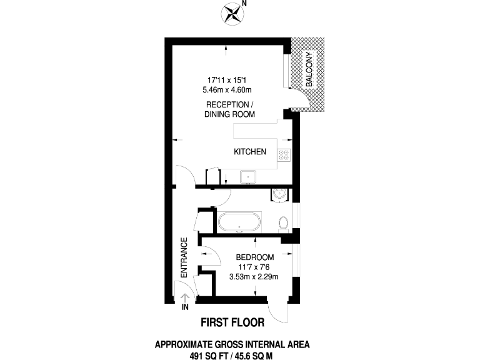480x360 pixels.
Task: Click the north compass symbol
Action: point(234,13)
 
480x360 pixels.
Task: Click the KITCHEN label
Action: point(250,152)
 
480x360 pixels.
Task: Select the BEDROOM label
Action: point(254,257)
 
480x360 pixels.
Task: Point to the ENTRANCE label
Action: point(184,257)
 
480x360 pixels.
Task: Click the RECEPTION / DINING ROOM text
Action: point(229,109)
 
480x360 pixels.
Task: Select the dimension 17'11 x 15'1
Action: point(229,79)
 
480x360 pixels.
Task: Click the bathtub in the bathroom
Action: point(240,222)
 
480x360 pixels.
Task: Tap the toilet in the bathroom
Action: point(283,223)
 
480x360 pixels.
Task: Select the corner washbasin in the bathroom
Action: point(279,195)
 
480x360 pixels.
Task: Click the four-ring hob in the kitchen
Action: point(284,155)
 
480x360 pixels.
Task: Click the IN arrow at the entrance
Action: point(184,299)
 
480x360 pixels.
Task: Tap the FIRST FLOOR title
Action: point(232,322)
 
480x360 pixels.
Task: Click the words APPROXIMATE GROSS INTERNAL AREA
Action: point(232,344)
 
